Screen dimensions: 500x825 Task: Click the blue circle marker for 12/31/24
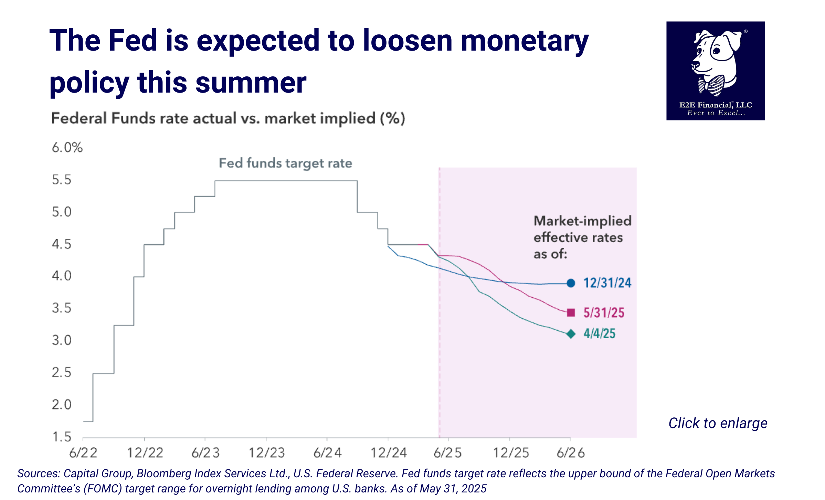(x=571, y=283)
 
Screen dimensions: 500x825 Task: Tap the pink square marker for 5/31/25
(x=571, y=312)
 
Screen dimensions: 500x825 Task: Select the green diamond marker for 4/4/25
(x=571, y=334)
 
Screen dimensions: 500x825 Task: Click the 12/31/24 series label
(x=607, y=283)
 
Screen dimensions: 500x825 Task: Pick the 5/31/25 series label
(x=604, y=313)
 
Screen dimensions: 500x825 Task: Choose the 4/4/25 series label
(x=599, y=334)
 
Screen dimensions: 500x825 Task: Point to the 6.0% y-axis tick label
(x=67, y=148)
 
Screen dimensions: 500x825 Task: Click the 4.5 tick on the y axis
(x=62, y=244)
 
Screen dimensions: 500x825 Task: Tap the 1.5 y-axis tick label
(x=62, y=437)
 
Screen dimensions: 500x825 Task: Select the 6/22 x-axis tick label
(x=83, y=453)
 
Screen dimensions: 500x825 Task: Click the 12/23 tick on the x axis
(x=267, y=453)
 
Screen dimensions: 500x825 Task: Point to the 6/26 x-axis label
(x=571, y=453)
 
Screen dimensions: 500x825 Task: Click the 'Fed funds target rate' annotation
(x=285, y=163)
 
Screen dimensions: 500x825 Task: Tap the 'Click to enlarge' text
(x=718, y=423)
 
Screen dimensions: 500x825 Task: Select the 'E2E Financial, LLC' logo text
(x=716, y=105)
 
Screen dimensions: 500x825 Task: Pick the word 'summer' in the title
(x=251, y=83)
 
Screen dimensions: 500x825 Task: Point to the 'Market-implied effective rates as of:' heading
(x=582, y=237)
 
